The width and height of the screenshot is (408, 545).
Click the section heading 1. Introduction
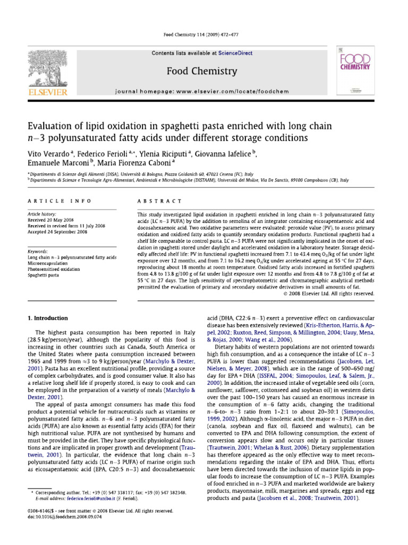(47, 318)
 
